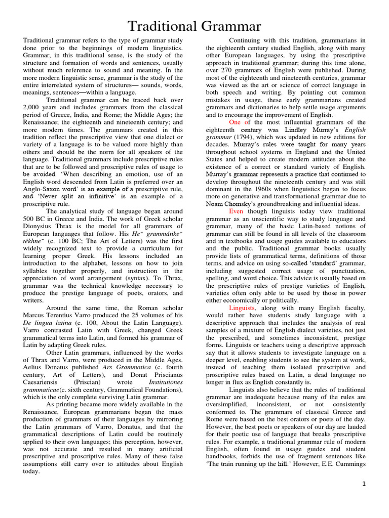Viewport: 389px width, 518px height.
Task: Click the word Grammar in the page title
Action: (227, 26)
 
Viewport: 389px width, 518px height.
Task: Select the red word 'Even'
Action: (237, 211)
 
